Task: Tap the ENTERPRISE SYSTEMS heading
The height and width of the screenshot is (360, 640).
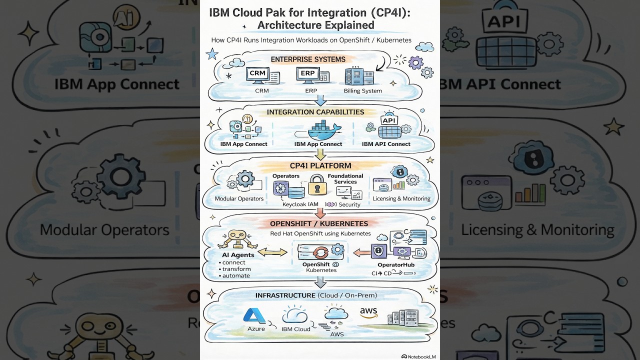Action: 308,59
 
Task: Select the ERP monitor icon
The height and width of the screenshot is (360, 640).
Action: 309,75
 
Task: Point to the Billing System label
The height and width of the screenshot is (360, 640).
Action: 362,91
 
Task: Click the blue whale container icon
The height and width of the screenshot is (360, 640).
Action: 320,130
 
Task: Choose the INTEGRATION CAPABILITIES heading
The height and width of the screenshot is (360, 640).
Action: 315,112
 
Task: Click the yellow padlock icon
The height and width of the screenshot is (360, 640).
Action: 317,185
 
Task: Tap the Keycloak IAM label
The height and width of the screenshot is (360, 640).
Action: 300,204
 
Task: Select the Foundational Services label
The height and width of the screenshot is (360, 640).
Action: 345,179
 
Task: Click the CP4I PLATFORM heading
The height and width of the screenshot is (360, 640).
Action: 320,165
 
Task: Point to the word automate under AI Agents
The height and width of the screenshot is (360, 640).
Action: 236,275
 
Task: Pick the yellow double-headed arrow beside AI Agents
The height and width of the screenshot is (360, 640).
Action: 272,252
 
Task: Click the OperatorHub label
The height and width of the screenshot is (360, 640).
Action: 395,264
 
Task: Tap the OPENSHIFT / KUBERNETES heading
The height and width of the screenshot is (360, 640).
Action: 319,223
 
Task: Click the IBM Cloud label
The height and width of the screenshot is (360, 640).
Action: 295,329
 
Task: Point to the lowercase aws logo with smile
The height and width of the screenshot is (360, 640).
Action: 368,313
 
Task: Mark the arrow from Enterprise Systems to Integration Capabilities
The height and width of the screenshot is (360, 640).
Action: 320,101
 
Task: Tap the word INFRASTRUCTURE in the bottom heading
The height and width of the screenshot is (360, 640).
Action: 285,295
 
